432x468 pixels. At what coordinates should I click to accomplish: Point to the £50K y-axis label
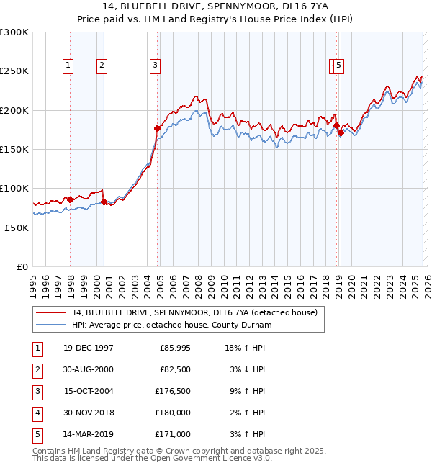click(x=17, y=228)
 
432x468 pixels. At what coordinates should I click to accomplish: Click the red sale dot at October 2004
click(x=158, y=128)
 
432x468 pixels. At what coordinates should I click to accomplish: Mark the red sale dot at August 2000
click(x=104, y=202)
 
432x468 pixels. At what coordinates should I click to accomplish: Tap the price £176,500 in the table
click(x=174, y=391)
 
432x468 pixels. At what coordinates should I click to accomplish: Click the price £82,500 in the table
click(x=174, y=369)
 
